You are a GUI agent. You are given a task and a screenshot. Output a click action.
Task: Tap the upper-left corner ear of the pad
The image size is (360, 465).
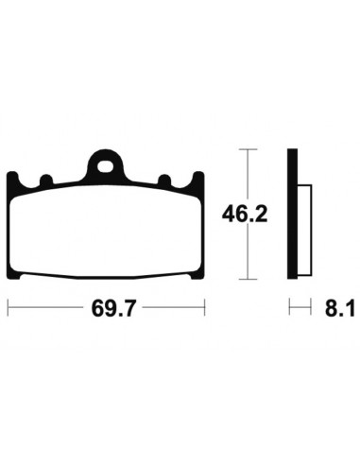13,177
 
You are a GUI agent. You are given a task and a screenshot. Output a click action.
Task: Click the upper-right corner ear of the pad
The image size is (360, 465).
197,177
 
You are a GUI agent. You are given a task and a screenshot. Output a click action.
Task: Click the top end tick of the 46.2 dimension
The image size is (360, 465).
247,149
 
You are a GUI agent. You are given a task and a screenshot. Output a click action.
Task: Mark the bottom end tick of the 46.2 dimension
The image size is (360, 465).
247,279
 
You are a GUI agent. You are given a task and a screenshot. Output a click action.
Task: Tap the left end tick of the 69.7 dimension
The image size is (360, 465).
8,308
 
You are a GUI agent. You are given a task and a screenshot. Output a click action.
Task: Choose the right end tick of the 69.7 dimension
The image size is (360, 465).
204,308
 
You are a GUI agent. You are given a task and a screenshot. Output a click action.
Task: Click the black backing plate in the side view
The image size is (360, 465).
292,214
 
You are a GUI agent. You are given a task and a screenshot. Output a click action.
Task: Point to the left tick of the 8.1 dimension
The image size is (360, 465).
289,308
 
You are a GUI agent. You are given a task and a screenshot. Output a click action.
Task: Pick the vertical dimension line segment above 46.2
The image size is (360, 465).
247,175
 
